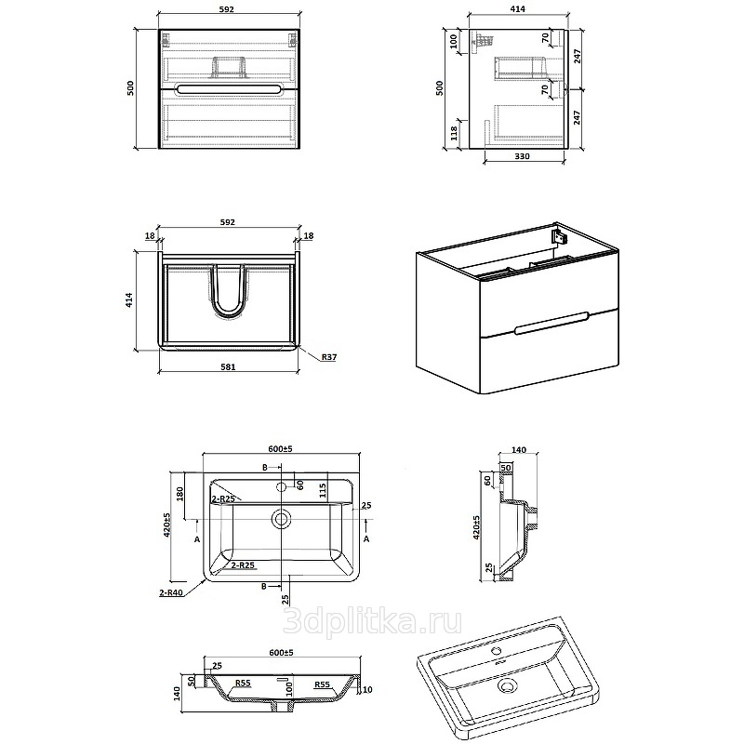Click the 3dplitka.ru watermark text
coord(372,622)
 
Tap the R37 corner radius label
coord(329,357)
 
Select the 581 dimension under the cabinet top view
coord(228,366)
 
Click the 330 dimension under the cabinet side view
coord(522,156)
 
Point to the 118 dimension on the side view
coord(454,133)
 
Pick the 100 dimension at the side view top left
coord(453,42)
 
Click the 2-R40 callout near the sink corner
coord(171,592)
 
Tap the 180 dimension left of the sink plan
coord(179,494)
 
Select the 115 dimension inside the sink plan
coord(323,491)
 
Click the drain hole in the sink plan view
coord(282,519)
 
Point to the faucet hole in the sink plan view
coord(281,486)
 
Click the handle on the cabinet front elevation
coord(229,88)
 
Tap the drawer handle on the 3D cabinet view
coord(551,323)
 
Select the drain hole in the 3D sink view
coord(508,685)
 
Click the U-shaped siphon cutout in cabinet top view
coord(228,291)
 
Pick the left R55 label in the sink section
coord(243,684)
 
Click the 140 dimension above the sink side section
coord(519,449)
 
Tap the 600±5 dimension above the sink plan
coord(281,448)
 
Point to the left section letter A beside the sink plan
coord(197,539)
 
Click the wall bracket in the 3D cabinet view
coord(560,236)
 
